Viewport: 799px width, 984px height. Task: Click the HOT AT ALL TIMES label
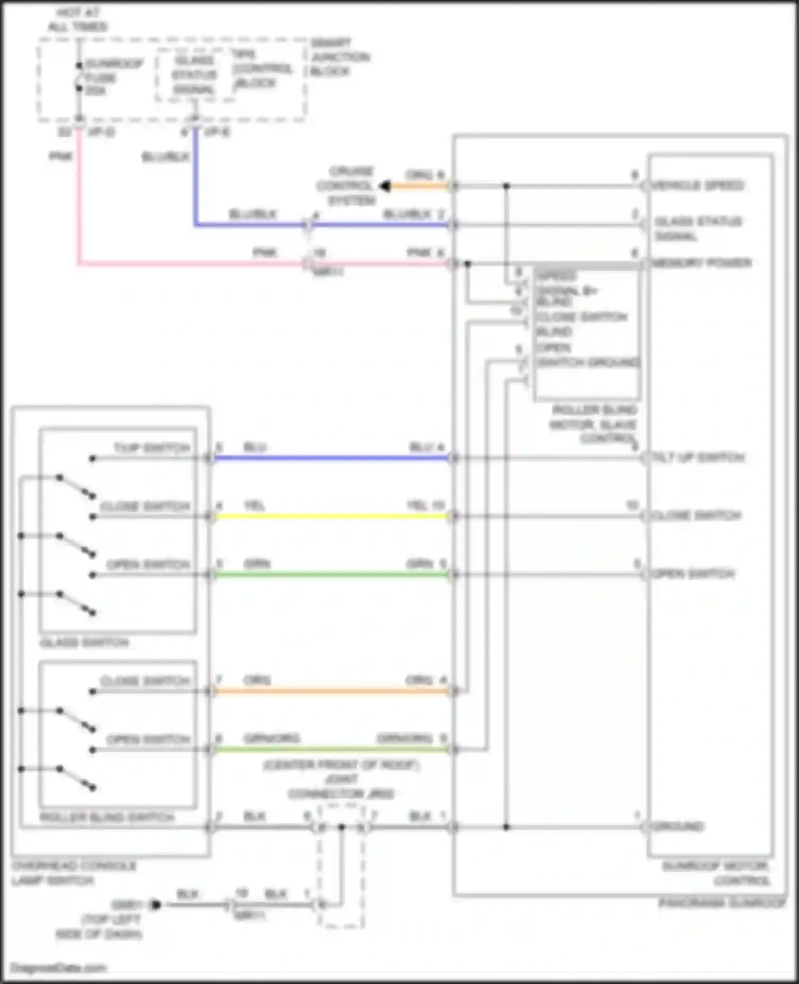tap(78, 20)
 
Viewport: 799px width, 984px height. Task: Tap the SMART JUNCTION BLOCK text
tap(339, 57)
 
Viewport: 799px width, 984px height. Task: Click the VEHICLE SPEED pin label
tap(698, 185)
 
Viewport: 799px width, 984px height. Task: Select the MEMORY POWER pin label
tap(702, 263)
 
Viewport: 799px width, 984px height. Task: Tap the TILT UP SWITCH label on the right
tap(698, 457)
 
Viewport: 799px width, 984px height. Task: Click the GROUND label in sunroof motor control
tap(678, 827)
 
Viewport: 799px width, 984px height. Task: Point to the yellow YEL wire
tap(330, 516)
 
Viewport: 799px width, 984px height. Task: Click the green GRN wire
tap(330, 575)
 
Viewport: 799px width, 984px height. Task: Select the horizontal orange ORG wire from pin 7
tap(330, 691)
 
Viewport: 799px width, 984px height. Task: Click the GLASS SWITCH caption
tap(84, 643)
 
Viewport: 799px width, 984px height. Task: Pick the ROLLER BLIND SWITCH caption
tap(107, 817)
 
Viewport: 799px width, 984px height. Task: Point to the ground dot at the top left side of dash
tap(156, 905)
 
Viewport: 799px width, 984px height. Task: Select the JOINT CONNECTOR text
tap(341, 787)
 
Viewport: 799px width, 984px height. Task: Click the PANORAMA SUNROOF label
tap(722, 903)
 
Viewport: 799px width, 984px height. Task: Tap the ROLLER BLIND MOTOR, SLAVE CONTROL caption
tap(594, 424)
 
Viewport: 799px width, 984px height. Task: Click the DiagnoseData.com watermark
tap(58, 967)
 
